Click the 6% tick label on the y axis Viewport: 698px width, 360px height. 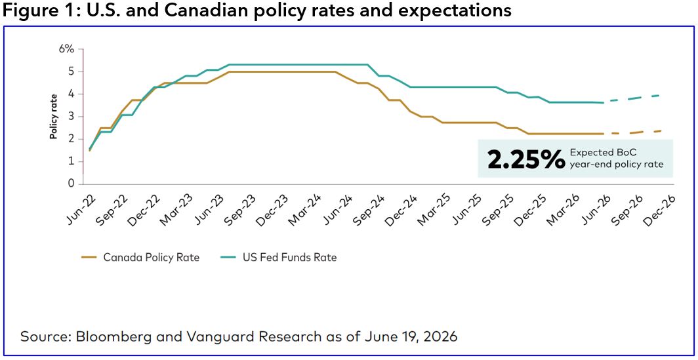[x=66, y=49]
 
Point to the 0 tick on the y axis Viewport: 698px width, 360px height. [x=70, y=184]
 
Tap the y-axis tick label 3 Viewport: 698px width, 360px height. [x=70, y=117]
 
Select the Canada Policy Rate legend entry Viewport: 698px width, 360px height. [x=140, y=257]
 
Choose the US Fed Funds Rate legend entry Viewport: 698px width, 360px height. [x=278, y=257]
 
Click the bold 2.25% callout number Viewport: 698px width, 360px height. [x=526, y=159]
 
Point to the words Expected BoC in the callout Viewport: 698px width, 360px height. [x=594, y=152]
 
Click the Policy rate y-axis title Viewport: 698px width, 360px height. [x=53, y=117]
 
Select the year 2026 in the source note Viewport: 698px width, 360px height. [x=441, y=336]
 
